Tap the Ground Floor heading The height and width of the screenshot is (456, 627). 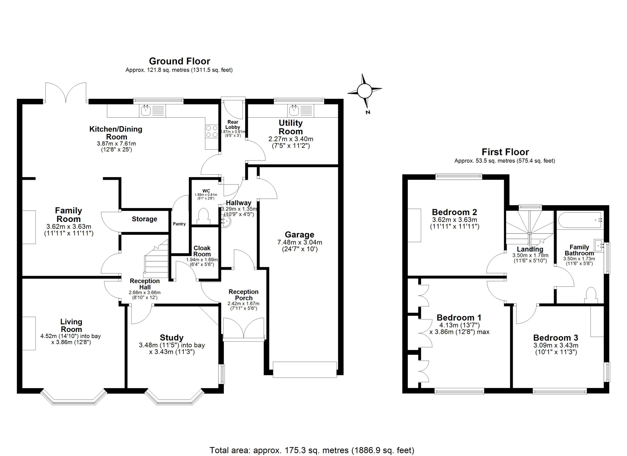tap(180, 61)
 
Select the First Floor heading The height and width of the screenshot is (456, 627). tap(505, 152)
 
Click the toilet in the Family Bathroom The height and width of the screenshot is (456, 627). tap(591, 295)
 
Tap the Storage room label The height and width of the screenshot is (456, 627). tap(144, 219)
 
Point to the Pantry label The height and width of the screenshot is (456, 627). tap(179, 224)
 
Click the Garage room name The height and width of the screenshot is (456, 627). tap(299, 235)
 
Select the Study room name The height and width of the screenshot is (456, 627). tap(172, 338)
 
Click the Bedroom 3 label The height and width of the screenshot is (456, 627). tap(556, 338)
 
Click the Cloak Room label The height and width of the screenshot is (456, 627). tap(202, 251)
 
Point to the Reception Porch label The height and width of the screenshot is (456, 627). tap(243, 295)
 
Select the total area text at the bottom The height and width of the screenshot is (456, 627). tap(312, 450)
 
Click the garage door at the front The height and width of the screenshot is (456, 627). tap(305, 370)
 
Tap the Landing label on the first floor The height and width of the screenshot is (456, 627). tap(530, 249)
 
